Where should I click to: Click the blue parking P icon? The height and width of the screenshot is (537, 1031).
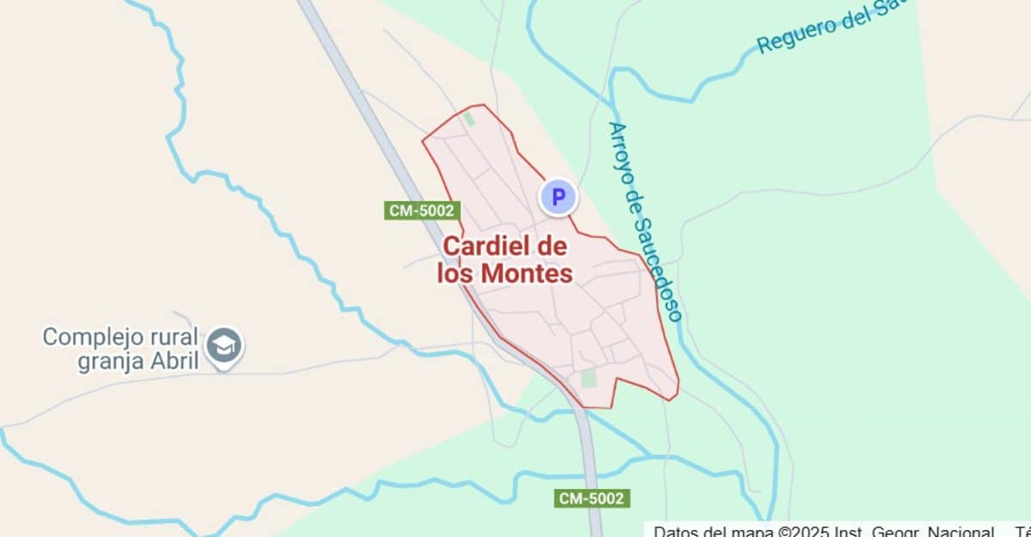click(x=558, y=198)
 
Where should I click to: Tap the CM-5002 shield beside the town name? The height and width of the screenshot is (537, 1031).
click(x=423, y=211)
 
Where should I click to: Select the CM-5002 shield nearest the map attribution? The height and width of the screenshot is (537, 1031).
click(x=593, y=498)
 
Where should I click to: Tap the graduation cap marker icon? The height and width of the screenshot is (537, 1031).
click(x=225, y=345)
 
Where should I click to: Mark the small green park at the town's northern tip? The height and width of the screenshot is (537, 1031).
click(x=469, y=119)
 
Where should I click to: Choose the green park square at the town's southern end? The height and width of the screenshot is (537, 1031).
click(x=589, y=378)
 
